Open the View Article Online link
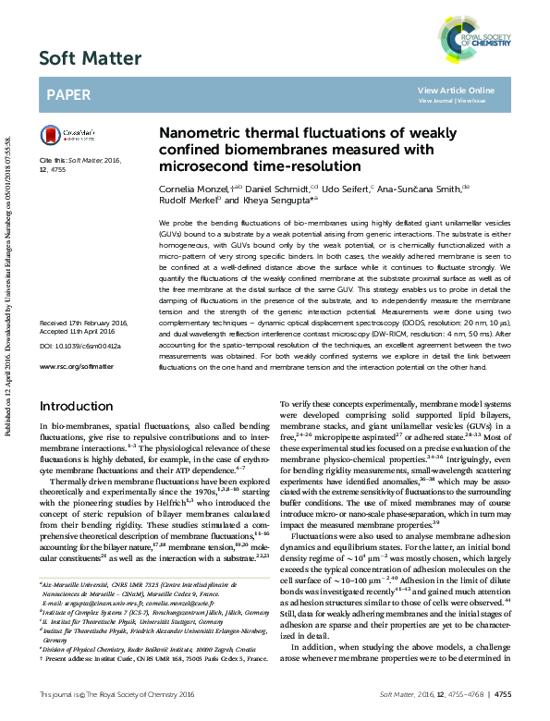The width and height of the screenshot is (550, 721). click(456, 91)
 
